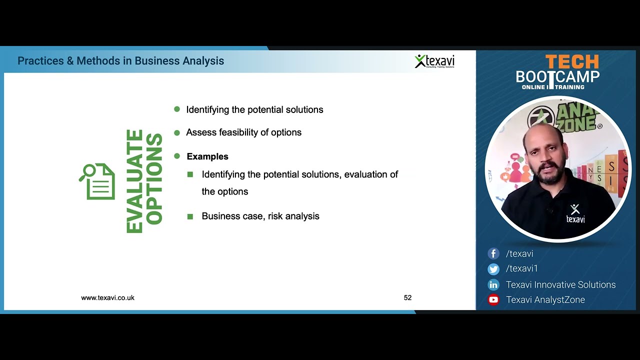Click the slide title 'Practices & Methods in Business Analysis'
pyautogui.click(x=120, y=61)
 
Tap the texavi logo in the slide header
pyautogui.click(x=434, y=61)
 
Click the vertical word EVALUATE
pyautogui.click(x=135, y=181)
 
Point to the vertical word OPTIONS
pyautogui.click(x=154, y=179)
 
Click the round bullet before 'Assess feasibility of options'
pyautogui.click(x=176, y=132)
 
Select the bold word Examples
pyautogui.click(x=207, y=156)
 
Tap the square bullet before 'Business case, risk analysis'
pyautogui.click(x=190, y=216)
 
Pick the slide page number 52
pyautogui.click(x=407, y=297)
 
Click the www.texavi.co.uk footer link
pyautogui.click(x=107, y=297)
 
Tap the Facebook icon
pyautogui.click(x=493, y=254)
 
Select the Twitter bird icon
pyautogui.click(x=493, y=269)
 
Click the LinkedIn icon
pyautogui.click(x=493, y=285)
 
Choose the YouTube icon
pyautogui.click(x=493, y=300)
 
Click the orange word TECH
pyautogui.click(x=571, y=62)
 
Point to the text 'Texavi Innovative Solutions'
pyautogui.click(x=560, y=284)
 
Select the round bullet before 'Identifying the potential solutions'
pyautogui.click(x=176, y=109)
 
